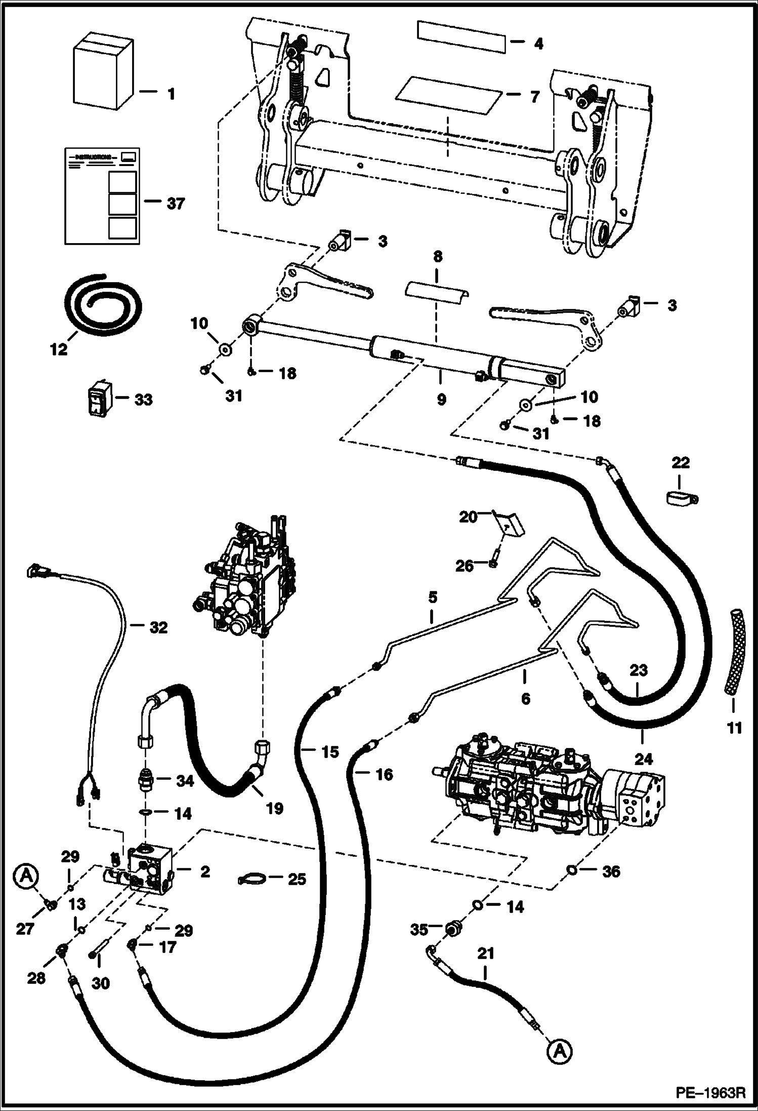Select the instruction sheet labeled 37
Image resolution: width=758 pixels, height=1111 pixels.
[102, 195]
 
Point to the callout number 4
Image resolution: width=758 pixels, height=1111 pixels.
[538, 44]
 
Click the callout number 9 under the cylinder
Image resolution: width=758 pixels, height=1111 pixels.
[441, 400]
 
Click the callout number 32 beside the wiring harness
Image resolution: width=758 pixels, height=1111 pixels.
[158, 627]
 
